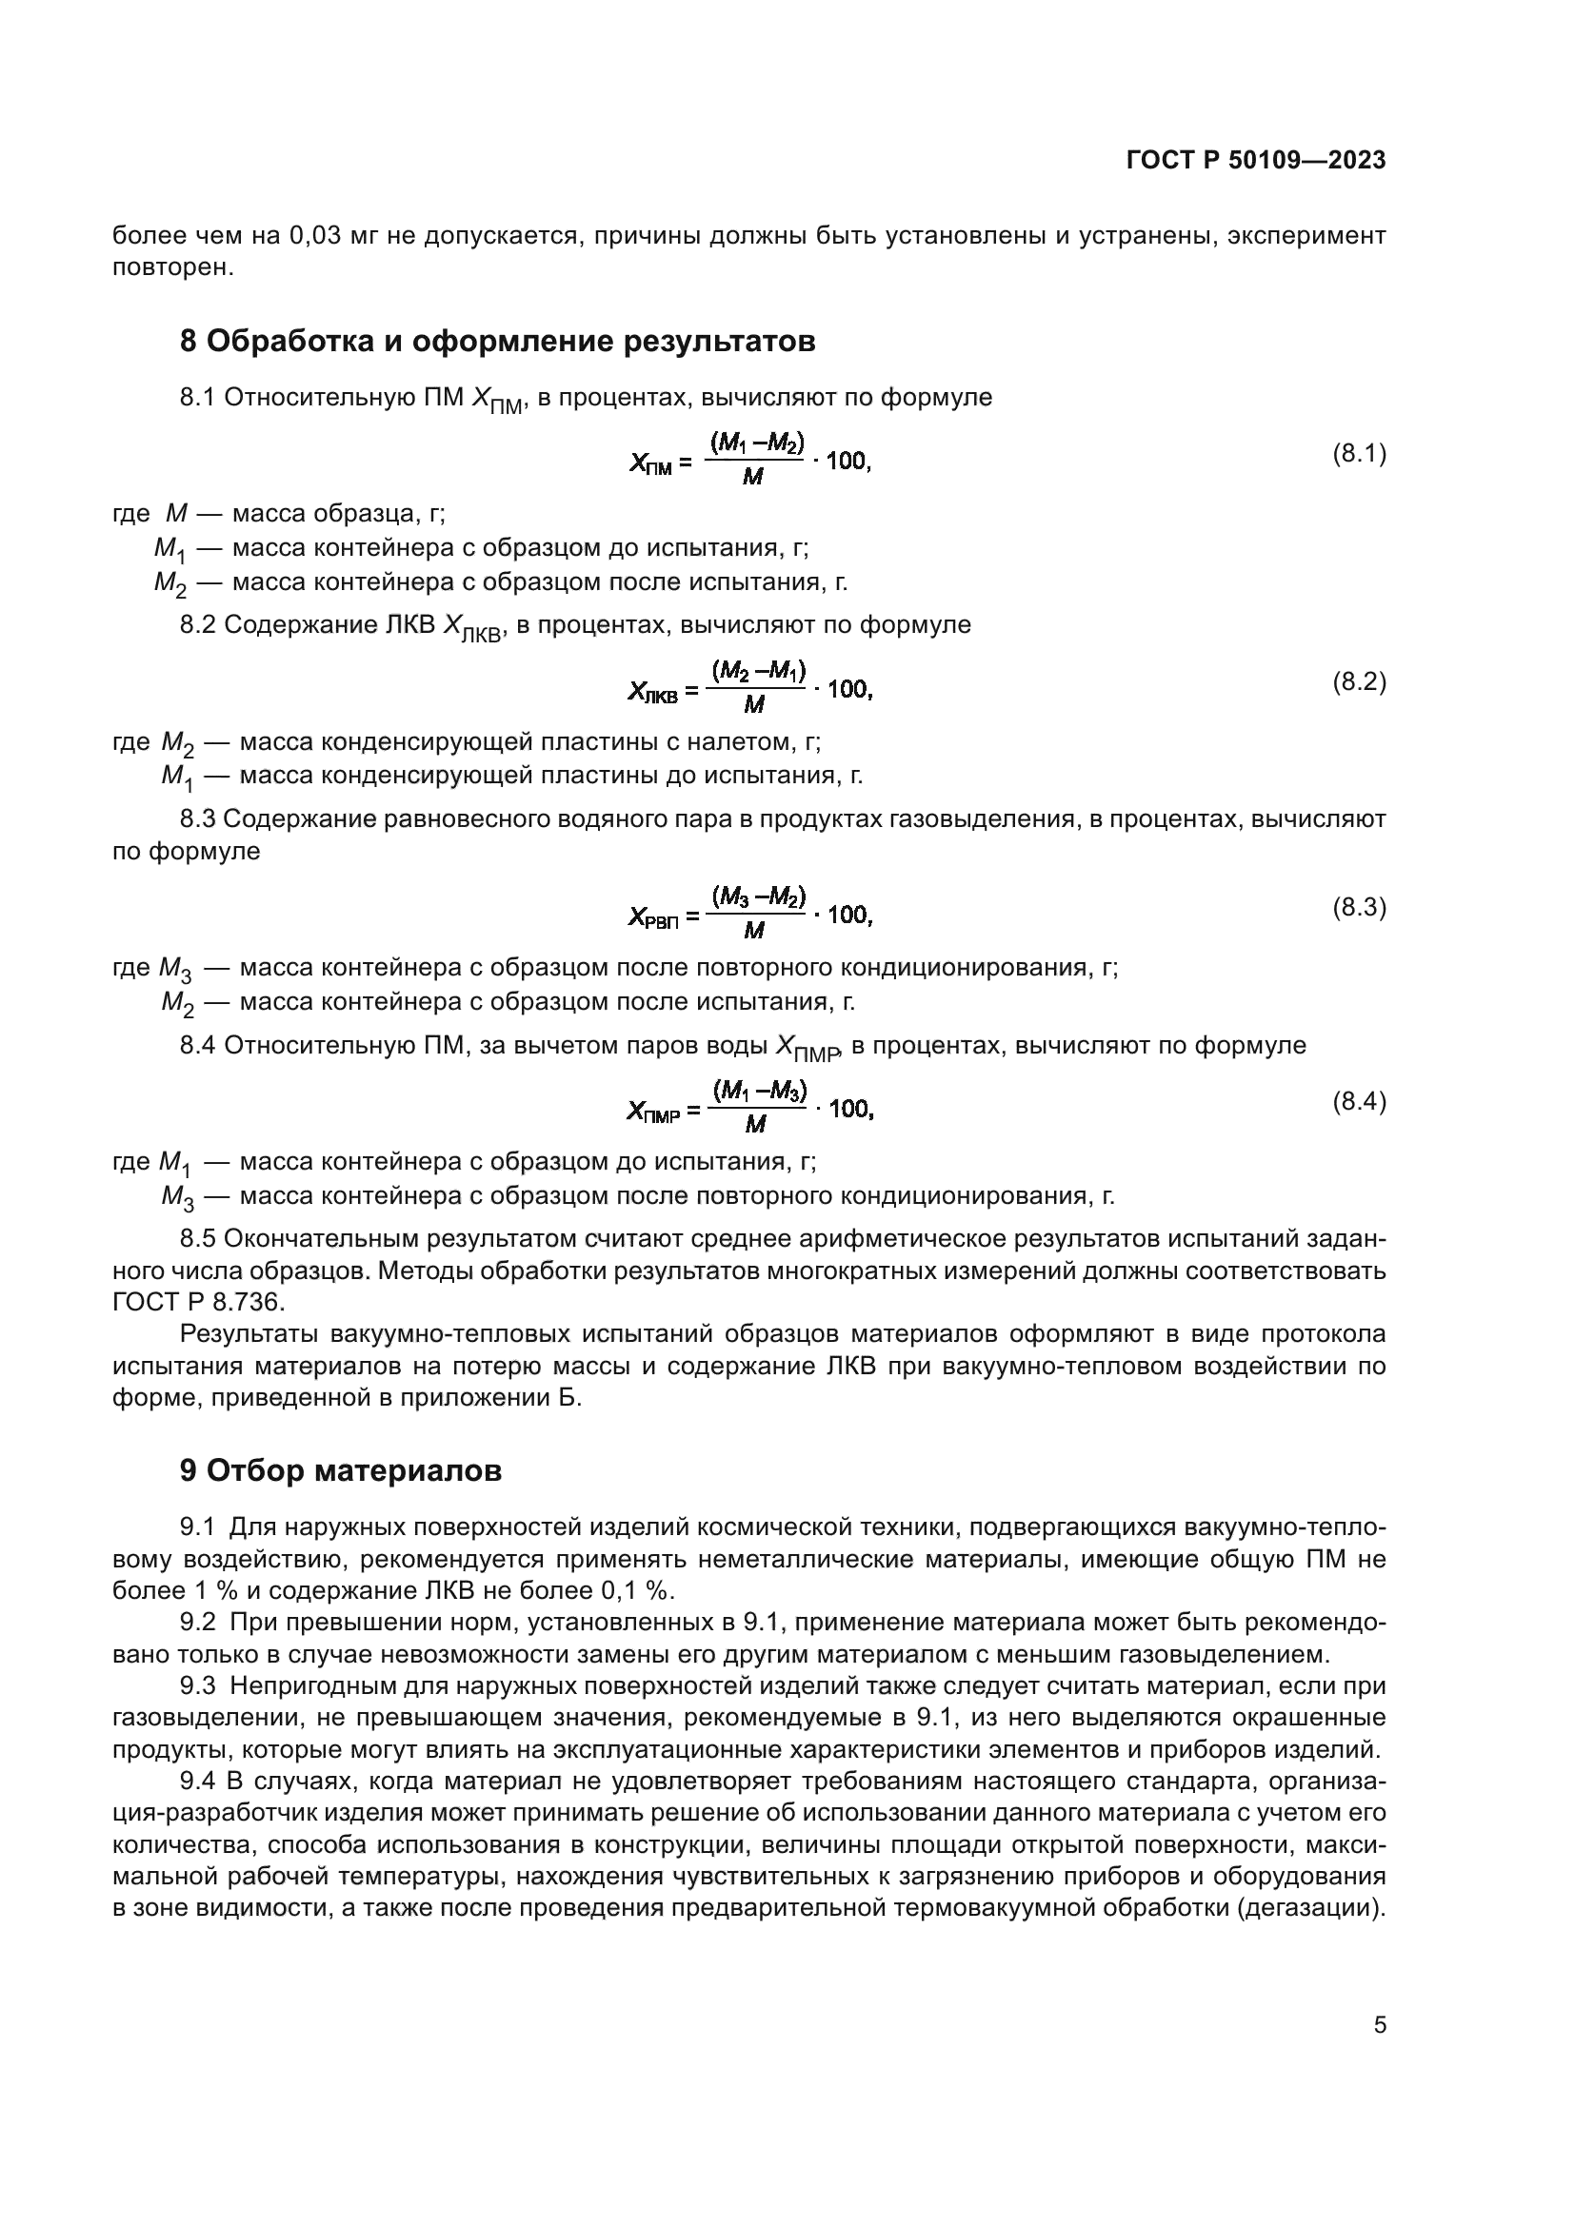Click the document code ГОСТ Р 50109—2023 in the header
click(x=1255, y=161)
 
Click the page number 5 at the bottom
click(x=1379, y=2025)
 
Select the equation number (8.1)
click(x=1359, y=454)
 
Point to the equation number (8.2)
click(x=1359, y=681)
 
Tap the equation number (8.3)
click(x=1359, y=908)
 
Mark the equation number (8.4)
click(x=1359, y=1101)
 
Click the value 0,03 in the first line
click(x=315, y=236)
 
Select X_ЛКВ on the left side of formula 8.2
click(x=652, y=691)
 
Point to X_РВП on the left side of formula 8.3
click(x=653, y=916)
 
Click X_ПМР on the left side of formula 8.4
click(x=654, y=1111)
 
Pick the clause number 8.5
click(x=198, y=1238)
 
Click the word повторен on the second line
click(x=172, y=267)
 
